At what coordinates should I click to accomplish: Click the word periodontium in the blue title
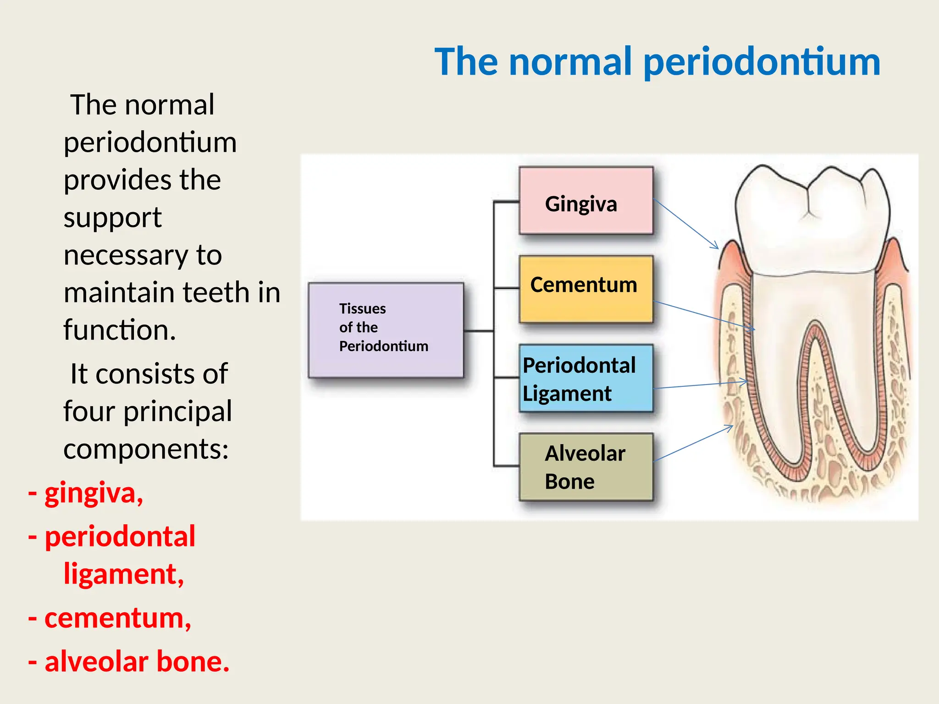click(762, 62)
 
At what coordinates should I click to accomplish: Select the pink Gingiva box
click(585, 201)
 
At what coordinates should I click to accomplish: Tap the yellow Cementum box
click(585, 289)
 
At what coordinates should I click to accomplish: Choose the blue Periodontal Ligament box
click(585, 379)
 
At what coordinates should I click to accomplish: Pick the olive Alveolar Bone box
click(585, 467)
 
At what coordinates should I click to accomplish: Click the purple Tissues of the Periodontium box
click(386, 330)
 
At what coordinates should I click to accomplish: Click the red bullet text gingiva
click(94, 493)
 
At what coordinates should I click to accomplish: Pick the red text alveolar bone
click(137, 662)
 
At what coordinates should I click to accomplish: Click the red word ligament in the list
click(123, 574)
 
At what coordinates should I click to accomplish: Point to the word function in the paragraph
click(119, 330)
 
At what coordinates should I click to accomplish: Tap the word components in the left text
click(145, 449)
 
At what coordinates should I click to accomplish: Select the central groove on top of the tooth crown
click(808, 202)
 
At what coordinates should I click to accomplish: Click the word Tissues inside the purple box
click(362, 308)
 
